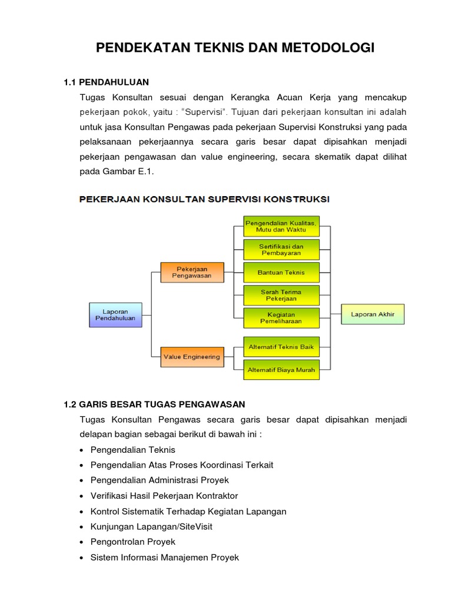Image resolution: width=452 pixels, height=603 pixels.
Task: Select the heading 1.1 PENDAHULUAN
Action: (106, 82)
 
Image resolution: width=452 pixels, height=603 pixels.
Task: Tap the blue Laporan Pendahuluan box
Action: (115, 314)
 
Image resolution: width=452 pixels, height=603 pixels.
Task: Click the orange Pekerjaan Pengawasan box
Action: (192, 272)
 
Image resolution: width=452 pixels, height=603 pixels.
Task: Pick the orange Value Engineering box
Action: (192, 357)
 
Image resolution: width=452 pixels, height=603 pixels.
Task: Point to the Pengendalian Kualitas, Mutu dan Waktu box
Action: (281, 226)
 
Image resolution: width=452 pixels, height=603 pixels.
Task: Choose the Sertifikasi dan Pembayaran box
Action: (281, 249)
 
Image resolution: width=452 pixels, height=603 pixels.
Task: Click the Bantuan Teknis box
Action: (281, 273)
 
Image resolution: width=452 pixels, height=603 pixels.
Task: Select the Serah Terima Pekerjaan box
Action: (281, 295)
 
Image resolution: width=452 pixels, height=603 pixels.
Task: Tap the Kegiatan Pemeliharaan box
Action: (281, 318)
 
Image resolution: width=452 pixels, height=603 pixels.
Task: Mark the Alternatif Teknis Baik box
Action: (281, 347)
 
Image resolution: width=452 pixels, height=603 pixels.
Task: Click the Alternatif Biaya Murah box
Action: (281, 370)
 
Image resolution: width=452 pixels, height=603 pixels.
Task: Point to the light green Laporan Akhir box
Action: (373, 314)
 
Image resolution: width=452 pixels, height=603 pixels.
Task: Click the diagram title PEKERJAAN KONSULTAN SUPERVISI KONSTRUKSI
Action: (205, 199)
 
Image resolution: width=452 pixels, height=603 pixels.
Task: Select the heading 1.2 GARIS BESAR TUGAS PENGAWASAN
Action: (154, 404)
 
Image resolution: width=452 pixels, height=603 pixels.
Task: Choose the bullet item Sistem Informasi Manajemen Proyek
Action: (165, 557)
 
